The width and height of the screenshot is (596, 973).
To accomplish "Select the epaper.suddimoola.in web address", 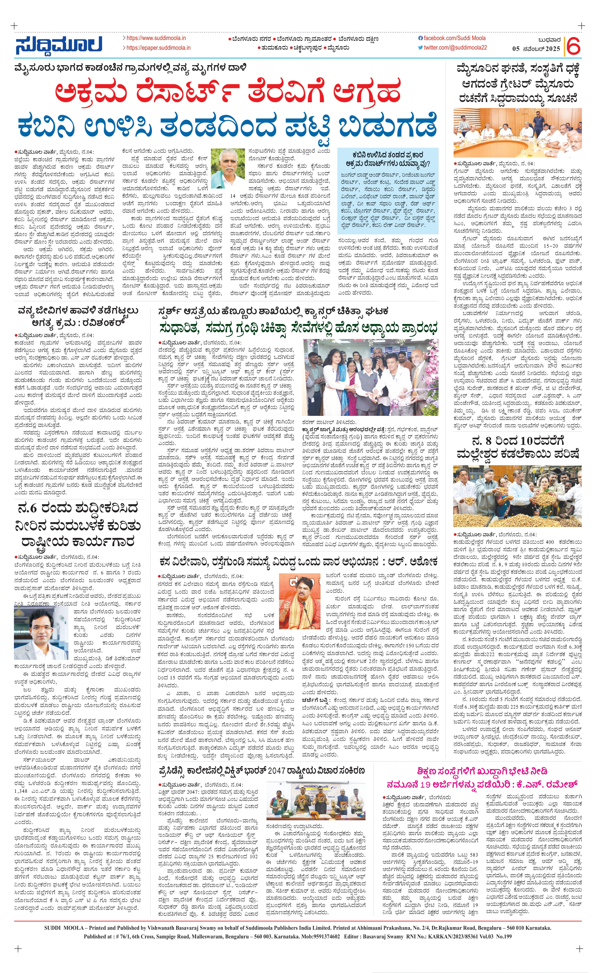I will (x=158, y=48).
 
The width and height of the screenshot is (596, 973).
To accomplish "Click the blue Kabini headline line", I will (x=227, y=126).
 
